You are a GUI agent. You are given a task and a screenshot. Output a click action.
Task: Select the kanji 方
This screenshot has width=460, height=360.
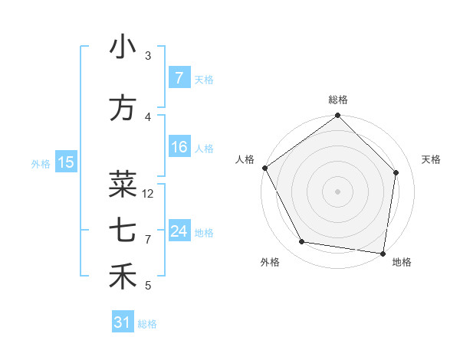click(x=123, y=108)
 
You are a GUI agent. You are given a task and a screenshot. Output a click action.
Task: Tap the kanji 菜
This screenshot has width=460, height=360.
click(x=123, y=185)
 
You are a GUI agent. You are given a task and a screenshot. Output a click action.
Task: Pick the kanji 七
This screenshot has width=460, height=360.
click(x=123, y=230)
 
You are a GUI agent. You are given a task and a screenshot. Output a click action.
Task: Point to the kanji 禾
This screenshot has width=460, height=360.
click(x=123, y=277)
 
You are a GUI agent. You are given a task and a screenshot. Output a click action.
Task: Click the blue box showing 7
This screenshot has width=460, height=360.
click(x=179, y=77)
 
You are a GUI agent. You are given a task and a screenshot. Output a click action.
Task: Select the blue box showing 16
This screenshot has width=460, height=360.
click(x=179, y=147)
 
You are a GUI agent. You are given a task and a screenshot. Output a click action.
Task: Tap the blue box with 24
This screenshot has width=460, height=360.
click(x=179, y=231)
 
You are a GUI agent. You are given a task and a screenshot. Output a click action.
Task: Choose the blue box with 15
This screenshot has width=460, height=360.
click(x=66, y=162)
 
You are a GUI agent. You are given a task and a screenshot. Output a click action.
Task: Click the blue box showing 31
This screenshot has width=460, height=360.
click(x=123, y=322)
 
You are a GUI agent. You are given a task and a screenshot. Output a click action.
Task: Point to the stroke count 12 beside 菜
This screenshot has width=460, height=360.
click(x=149, y=194)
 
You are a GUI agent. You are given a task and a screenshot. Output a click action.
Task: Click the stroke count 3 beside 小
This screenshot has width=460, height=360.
click(x=148, y=56)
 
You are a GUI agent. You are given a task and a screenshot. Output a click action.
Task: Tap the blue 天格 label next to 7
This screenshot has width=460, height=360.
click(x=204, y=79)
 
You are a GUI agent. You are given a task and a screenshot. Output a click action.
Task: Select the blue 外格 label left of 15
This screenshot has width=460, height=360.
click(x=41, y=163)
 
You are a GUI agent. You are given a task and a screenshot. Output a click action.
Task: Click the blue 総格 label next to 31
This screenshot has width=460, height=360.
click(x=147, y=324)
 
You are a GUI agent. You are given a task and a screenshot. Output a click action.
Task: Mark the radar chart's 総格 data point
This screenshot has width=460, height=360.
click(x=337, y=116)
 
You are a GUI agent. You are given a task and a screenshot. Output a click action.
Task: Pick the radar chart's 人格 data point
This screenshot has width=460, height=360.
click(x=264, y=168)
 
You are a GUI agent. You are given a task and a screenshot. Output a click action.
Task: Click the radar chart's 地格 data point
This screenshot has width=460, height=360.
click(x=383, y=253)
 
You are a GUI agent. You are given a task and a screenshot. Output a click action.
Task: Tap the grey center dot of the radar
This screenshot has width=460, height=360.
click(x=337, y=191)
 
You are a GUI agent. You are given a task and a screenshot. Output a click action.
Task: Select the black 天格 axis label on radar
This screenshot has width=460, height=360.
click(x=432, y=159)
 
